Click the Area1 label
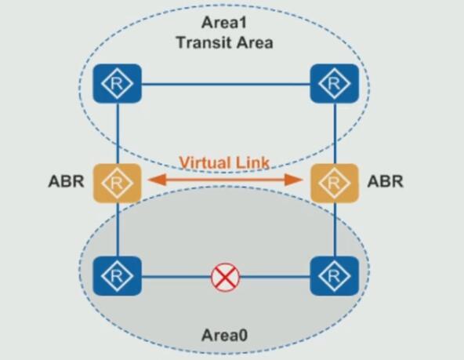coord(224,23)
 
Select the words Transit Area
coord(225,42)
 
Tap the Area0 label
coord(224,336)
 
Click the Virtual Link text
coord(224,162)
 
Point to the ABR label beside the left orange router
coord(66,181)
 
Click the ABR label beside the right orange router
coord(385,181)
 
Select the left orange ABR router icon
coord(118,183)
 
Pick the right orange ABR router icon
coord(335,183)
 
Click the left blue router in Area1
coord(118,83)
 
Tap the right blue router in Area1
coord(335,83)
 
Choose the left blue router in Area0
coord(118,276)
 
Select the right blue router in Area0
coord(335,276)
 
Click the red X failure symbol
coord(225,277)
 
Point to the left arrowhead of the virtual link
coord(157,180)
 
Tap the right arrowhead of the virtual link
coord(293,180)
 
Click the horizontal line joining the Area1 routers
coord(226,85)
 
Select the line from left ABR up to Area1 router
coord(118,133)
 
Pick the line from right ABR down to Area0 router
coord(335,230)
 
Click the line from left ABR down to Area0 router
coord(118,230)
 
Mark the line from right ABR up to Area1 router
coord(335,133)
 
